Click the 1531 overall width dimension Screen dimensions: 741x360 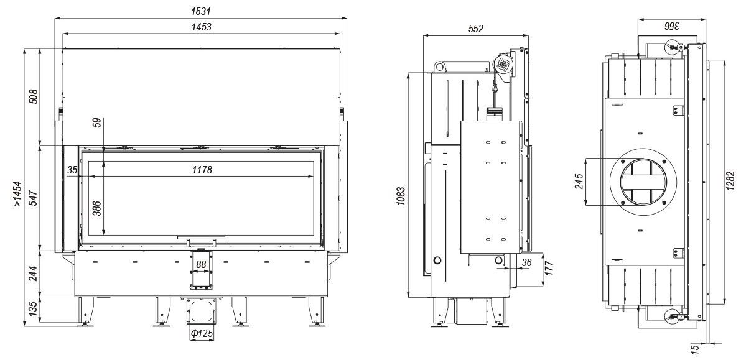[202, 11]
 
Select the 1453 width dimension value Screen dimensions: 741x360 [202, 27]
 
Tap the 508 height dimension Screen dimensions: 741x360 [33, 96]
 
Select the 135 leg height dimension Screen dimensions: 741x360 [33, 309]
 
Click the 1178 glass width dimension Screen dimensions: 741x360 [202, 170]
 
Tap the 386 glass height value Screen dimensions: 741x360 [96, 207]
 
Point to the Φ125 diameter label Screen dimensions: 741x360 [202, 334]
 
